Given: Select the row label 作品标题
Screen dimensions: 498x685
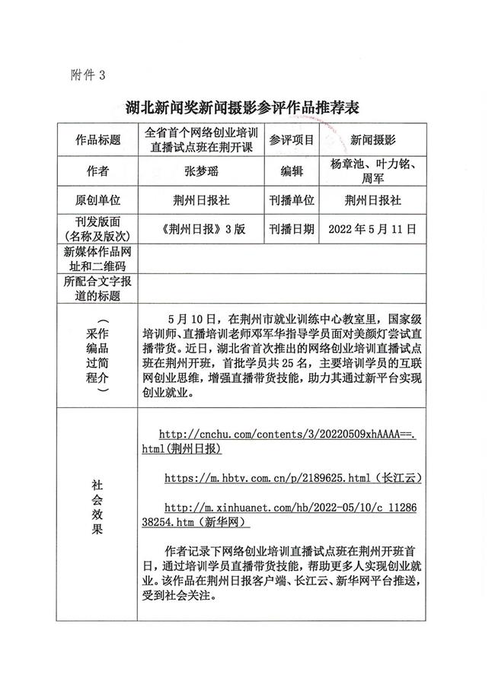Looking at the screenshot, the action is (98, 141).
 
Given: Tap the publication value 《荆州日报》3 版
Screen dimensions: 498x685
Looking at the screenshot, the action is (200, 228).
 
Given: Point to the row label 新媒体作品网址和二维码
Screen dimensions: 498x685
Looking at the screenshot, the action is (98, 258).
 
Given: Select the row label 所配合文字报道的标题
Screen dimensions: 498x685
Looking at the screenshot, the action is (98, 288).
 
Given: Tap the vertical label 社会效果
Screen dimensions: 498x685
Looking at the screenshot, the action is (98, 506).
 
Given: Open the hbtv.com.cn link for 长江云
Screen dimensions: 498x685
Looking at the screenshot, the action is (292, 478).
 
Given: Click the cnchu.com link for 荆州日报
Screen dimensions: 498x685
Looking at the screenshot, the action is (282, 441).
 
